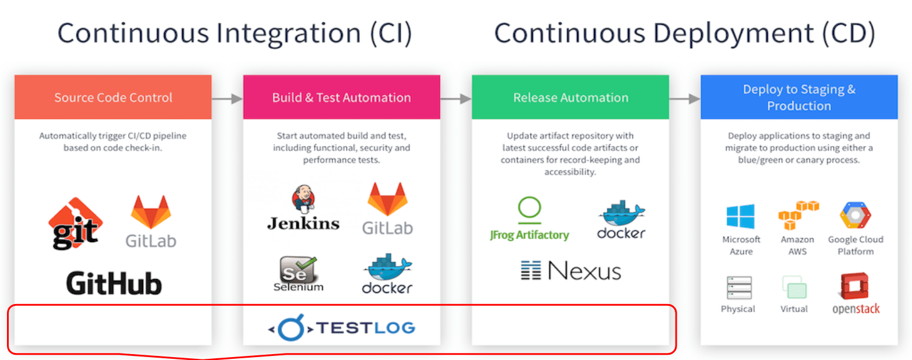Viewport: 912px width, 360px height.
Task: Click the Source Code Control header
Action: [113, 97]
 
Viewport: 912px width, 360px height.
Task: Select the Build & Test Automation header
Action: [341, 97]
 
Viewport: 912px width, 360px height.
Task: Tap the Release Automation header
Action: [570, 97]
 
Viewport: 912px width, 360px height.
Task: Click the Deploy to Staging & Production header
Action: [798, 97]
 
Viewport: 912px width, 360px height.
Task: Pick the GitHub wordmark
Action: [114, 283]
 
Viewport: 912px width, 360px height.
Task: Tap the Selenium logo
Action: [298, 273]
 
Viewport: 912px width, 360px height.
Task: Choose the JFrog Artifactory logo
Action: [529, 219]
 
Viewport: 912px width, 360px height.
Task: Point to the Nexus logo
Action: [570, 270]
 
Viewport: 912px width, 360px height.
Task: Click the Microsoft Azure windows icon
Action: [741, 217]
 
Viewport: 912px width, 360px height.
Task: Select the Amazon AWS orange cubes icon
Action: [798, 216]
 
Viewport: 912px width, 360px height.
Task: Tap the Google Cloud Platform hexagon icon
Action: [855, 216]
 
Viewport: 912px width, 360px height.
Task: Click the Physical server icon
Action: [738, 287]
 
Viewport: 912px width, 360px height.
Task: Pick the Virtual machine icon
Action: [794, 287]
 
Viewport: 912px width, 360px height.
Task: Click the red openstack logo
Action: [855, 293]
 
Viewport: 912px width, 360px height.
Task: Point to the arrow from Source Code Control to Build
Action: [227, 99]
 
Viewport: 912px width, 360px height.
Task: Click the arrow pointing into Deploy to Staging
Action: [684, 99]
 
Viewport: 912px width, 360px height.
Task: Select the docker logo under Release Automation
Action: [621, 220]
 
